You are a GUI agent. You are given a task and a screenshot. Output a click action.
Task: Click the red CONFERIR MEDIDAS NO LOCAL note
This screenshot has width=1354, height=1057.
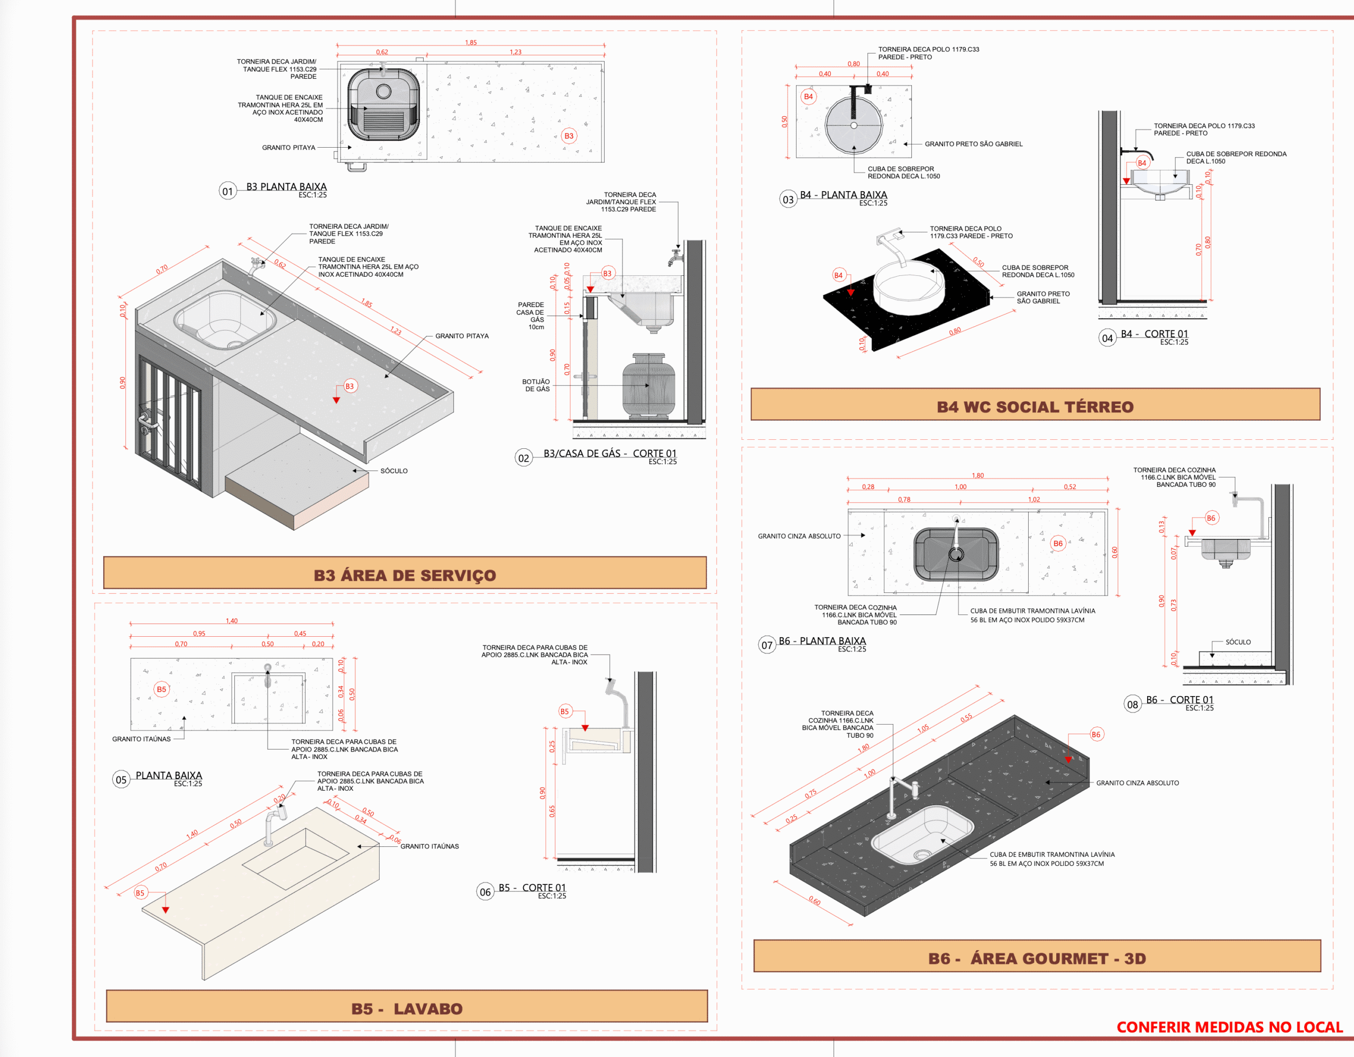[x=1229, y=1027]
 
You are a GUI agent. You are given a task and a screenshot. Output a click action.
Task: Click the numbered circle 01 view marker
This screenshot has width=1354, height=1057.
[x=227, y=191]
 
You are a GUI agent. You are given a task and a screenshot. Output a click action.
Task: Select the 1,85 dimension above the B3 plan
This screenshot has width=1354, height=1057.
[x=471, y=43]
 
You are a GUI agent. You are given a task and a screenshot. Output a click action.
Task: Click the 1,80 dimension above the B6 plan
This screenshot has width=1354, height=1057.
[x=977, y=476]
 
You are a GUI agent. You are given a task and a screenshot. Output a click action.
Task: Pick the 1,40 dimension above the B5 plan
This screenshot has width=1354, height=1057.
[x=231, y=621]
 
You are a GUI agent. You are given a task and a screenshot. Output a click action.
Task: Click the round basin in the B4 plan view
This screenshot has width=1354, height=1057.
[x=854, y=125]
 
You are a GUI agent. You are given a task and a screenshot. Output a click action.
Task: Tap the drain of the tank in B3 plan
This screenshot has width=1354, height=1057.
[x=384, y=92]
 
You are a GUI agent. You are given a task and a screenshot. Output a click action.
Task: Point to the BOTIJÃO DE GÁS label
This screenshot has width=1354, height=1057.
[x=536, y=385]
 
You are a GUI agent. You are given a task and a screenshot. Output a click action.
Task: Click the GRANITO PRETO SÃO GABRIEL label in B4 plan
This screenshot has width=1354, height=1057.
[x=973, y=144]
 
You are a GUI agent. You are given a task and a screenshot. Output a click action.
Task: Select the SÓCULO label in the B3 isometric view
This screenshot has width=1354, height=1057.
[x=394, y=471]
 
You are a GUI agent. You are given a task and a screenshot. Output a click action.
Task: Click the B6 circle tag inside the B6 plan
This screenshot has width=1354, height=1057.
[x=1058, y=544]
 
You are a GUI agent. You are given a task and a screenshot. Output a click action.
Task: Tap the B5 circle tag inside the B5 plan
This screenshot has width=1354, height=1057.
[x=161, y=689]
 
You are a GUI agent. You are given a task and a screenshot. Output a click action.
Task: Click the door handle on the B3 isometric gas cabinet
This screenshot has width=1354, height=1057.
[x=148, y=423]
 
